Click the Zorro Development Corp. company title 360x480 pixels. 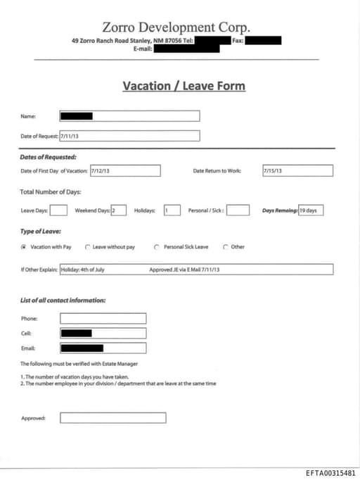[x=175, y=27]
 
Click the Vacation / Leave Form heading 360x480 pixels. [x=184, y=86]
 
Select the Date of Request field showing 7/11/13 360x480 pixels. [x=129, y=136]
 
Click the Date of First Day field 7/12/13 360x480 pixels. [x=125, y=171]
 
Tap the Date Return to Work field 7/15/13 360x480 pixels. [x=297, y=171]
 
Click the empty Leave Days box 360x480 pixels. [x=58, y=210]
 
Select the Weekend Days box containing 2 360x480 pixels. [x=118, y=210]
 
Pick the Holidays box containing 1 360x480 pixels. [x=172, y=210]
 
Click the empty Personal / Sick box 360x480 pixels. [x=238, y=210]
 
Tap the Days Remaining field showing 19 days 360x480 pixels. [x=311, y=210]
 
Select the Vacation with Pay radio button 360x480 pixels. [x=24, y=247]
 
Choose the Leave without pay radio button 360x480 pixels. [x=87, y=247]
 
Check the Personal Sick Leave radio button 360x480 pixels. [x=156, y=247]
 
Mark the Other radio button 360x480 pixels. [x=225, y=247]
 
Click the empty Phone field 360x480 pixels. [x=103, y=319]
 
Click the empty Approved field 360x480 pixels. [x=112, y=418]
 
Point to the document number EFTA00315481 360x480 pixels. [x=330, y=472]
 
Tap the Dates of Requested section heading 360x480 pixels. [x=48, y=157]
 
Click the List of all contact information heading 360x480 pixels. [x=63, y=301]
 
